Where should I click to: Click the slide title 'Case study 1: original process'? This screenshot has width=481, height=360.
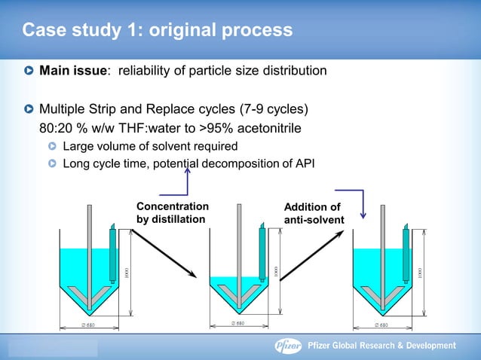pyautogui.click(x=157, y=31)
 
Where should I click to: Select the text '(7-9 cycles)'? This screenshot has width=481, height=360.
pyautogui.click(x=273, y=109)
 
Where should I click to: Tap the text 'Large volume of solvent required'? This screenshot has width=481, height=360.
pyautogui.click(x=150, y=145)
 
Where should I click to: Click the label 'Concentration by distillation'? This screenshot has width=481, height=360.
pyautogui.click(x=173, y=212)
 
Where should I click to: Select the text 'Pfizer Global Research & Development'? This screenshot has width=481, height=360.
pyautogui.click(x=382, y=346)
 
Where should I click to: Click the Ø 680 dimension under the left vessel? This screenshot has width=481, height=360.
pyautogui.click(x=88, y=325)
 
